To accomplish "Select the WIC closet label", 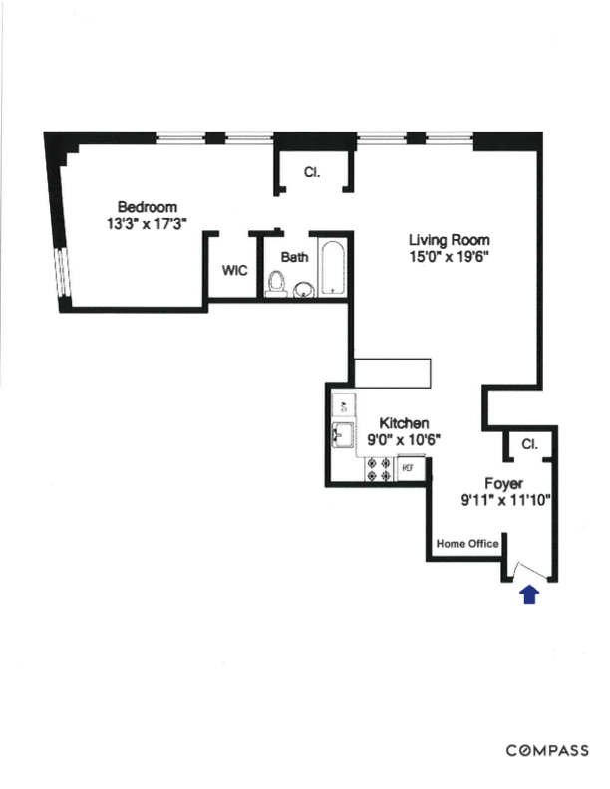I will coord(234,271).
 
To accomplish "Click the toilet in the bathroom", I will coord(277,285).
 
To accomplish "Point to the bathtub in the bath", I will coord(331,268).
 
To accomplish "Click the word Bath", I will coord(294,257).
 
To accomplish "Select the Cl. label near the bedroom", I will coord(312,172).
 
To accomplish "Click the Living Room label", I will coord(450,240).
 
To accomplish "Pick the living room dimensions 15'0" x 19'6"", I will coord(450,256).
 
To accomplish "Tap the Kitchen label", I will coord(404,423).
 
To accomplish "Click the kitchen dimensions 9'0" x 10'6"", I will coord(404,439).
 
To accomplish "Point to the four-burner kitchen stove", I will coord(379,468).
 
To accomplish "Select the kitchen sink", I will coord(343,435).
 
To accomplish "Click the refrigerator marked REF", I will coord(408,466).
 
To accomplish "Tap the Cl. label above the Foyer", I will coord(529,445).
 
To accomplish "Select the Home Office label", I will coord(466,545).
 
